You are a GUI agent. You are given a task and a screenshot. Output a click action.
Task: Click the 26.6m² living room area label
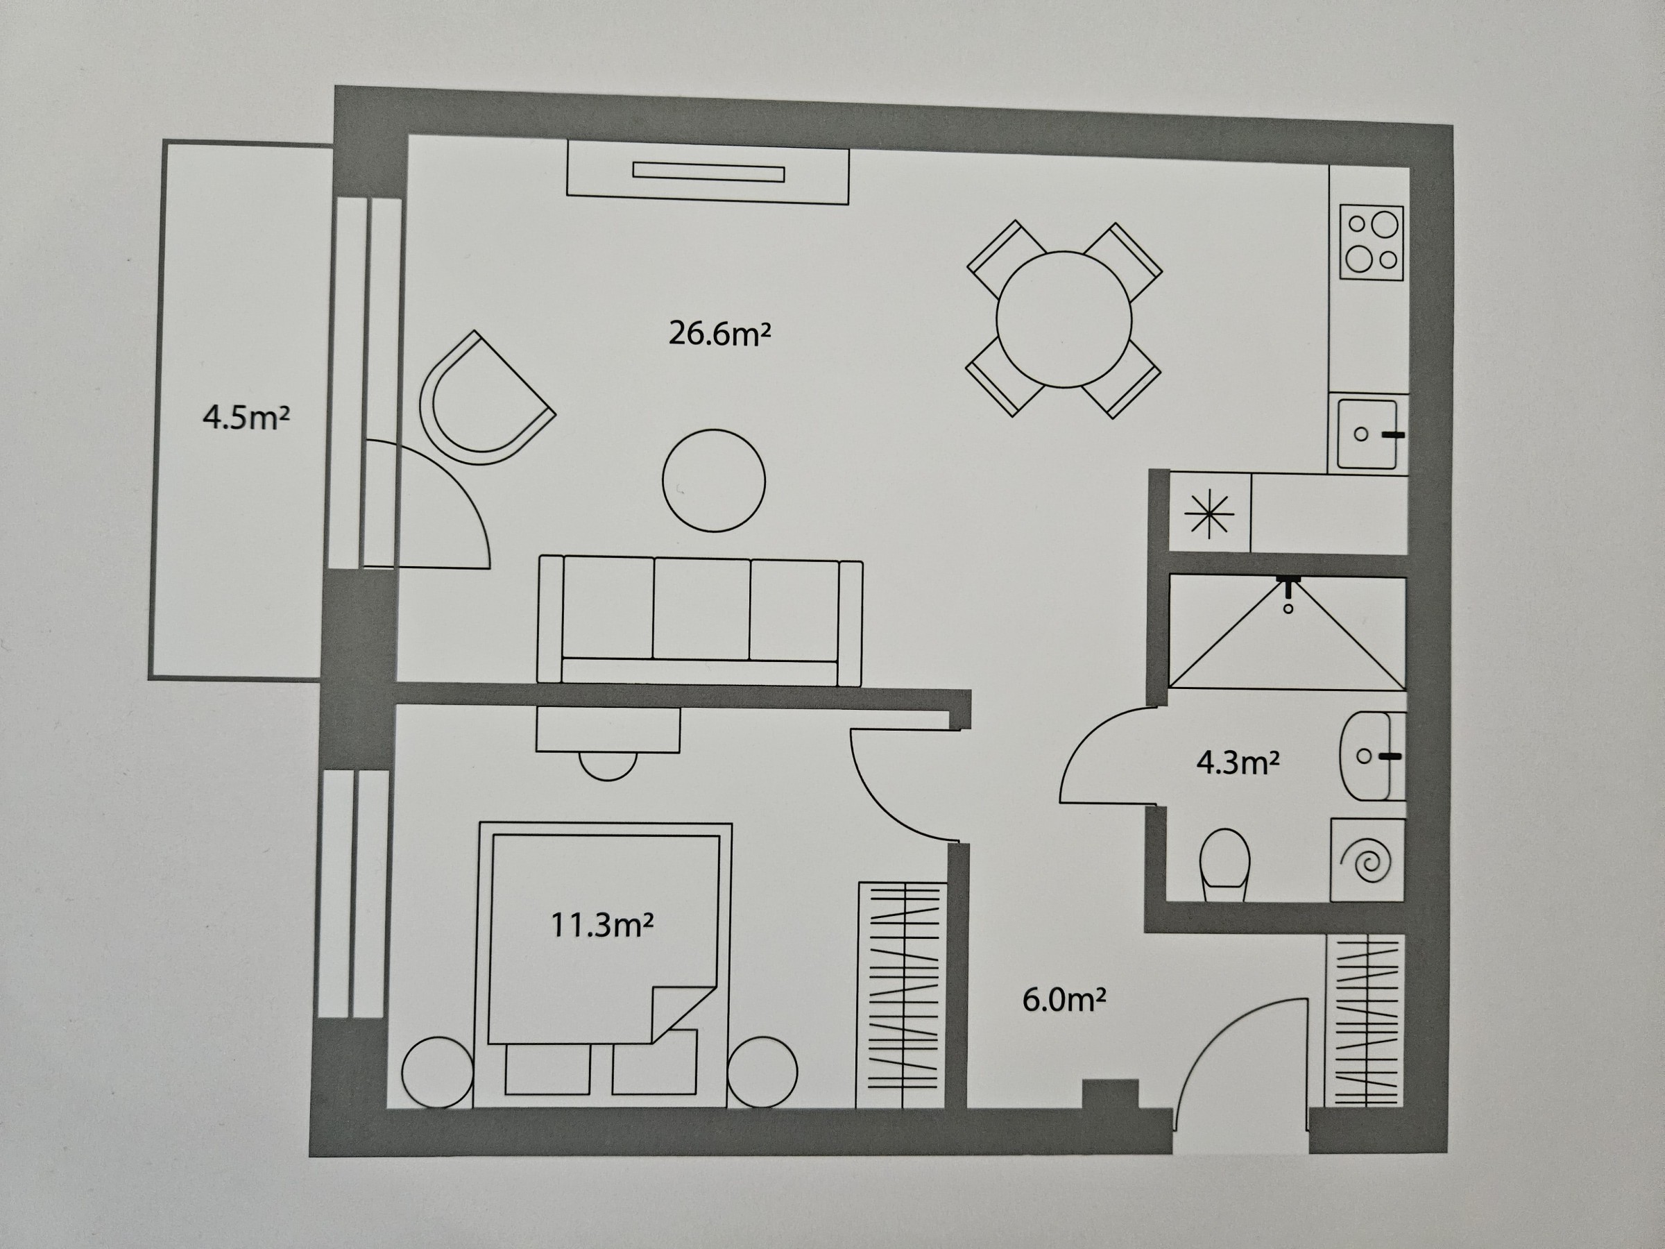click(719, 334)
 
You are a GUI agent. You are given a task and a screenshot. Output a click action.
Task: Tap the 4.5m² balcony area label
click(246, 417)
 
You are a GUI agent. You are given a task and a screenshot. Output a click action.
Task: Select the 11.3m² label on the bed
click(601, 924)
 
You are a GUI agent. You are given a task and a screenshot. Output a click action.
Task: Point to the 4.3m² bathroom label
click(1238, 763)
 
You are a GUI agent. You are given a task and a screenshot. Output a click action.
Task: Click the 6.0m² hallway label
click(1064, 999)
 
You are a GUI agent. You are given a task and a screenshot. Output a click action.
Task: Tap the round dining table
click(1064, 320)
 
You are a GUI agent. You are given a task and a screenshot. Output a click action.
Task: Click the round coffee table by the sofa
click(714, 480)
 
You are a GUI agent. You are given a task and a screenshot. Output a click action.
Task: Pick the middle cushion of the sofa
click(701, 609)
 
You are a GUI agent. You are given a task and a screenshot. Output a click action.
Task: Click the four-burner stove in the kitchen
click(1372, 242)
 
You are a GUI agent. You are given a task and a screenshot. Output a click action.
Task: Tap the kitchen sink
click(1367, 434)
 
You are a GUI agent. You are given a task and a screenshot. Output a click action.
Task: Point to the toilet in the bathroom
click(1224, 865)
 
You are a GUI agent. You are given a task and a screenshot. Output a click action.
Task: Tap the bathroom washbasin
click(1372, 756)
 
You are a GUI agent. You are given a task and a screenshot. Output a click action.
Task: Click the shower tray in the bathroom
click(1287, 632)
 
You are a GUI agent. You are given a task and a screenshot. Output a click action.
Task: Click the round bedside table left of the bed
click(437, 1073)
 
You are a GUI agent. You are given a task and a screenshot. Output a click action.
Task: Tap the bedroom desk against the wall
click(608, 729)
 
